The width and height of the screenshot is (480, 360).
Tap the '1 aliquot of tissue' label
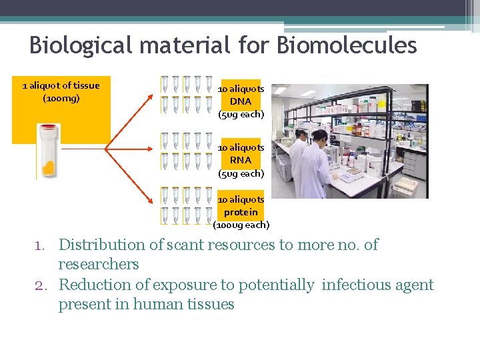61,85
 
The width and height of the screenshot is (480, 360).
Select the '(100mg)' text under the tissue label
61,98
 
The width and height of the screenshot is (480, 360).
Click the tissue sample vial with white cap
47,151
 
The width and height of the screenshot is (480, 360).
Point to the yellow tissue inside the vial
48,165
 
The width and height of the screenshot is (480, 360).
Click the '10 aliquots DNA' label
241,95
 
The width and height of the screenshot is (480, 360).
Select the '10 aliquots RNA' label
241,154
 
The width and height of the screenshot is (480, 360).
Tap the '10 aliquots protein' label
241,206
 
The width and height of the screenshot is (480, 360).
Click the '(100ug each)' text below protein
241,225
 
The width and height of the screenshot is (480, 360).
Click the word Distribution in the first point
101,245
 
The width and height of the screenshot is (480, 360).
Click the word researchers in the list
99,264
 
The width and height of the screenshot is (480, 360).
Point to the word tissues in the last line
210,305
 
